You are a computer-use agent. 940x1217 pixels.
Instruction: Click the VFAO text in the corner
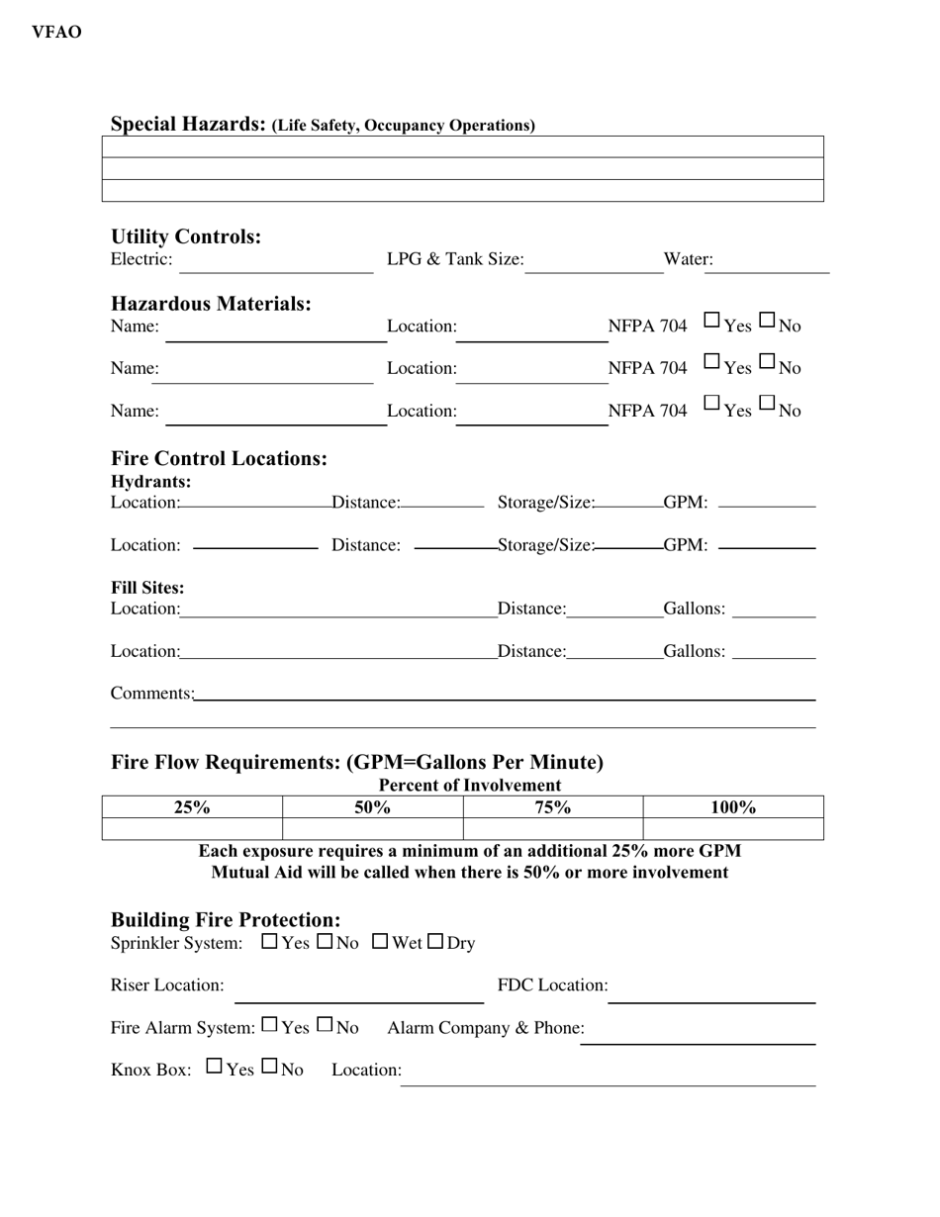pos(56,33)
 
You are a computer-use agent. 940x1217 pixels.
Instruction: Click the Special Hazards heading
pos(188,125)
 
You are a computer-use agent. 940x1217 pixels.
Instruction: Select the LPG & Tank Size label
pos(455,259)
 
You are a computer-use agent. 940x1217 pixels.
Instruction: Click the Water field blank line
pos(766,267)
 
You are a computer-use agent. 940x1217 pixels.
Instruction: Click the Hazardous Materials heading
pos(211,304)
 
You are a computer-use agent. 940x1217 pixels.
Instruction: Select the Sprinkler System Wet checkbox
pos(380,942)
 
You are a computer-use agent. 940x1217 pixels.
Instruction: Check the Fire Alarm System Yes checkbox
pos(269,1026)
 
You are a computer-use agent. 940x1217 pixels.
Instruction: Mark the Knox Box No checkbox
pos(269,1068)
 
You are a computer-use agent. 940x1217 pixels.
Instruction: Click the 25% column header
pos(192,807)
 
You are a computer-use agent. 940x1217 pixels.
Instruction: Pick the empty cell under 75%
pos(553,829)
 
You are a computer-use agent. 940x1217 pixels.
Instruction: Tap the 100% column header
pos(733,807)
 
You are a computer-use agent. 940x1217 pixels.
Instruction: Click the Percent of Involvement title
pos(470,786)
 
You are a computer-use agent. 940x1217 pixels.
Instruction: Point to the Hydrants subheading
pos(151,482)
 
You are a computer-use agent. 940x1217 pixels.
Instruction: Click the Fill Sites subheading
pos(147,588)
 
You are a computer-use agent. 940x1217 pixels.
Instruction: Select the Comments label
pos(151,694)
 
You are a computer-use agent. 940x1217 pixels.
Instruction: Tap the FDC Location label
pos(552,985)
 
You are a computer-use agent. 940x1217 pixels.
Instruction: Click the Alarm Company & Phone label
pos(486,1028)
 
